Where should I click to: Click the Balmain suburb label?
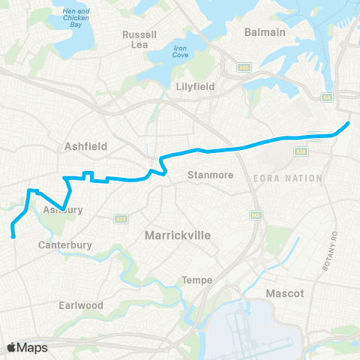(265, 32)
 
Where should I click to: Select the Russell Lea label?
(139, 40)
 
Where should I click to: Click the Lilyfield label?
(195, 86)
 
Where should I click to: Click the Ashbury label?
(58, 210)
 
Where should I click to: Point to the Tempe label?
(197, 280)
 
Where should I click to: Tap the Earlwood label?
(81, 305)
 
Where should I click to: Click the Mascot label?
(286, 293)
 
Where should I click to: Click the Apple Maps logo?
(28, 347)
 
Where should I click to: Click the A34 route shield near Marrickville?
(119, 219)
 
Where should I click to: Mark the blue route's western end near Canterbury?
(14, 237)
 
